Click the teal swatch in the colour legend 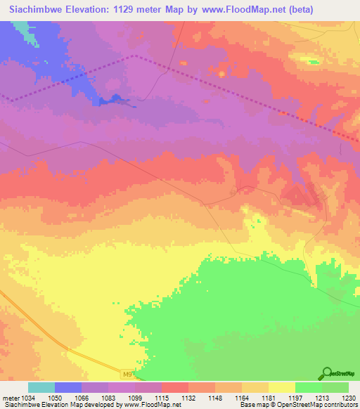(x=41, y=387)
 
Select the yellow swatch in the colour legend (x=281, y=387)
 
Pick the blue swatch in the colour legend (x=68, y=387)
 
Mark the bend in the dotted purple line (x=134, y=55)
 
